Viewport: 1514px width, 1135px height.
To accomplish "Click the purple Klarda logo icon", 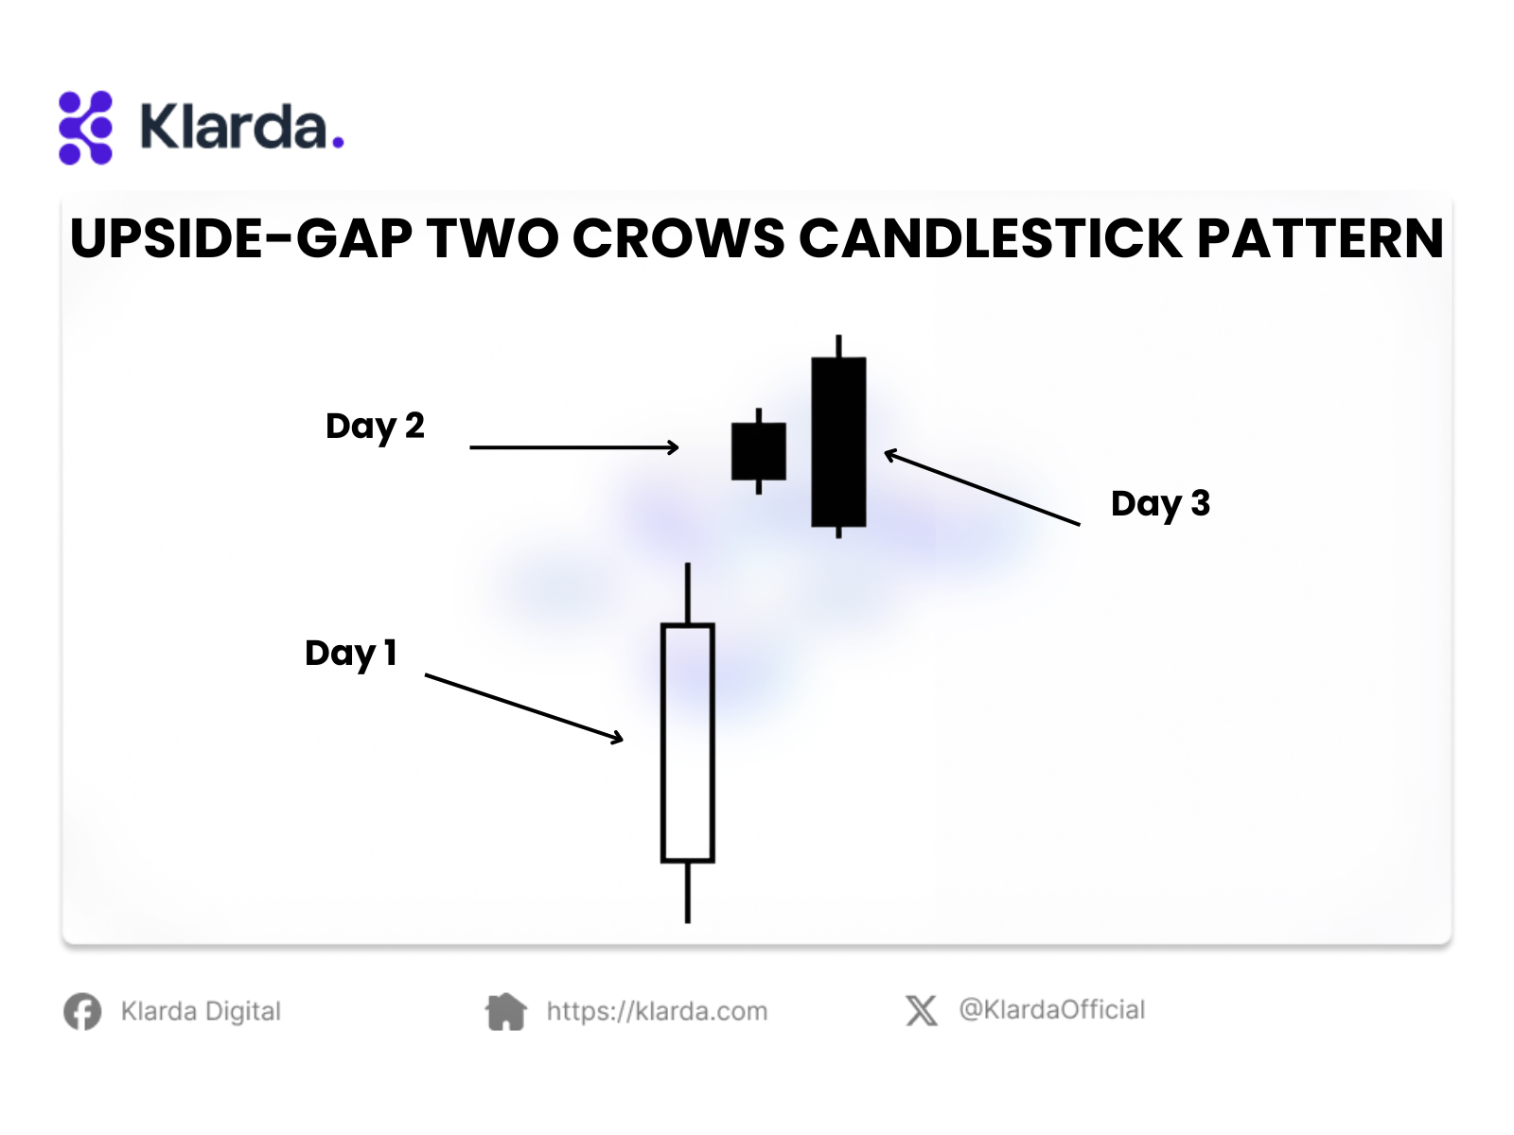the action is (x=85, y=128).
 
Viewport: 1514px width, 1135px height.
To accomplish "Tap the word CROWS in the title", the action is (x=678, y=238).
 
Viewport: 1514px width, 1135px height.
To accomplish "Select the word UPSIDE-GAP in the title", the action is (x=240, y=238).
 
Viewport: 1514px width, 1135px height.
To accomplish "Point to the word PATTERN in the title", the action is (x=1319, y=238).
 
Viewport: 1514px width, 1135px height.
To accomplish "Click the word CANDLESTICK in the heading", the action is (x=990, y=238).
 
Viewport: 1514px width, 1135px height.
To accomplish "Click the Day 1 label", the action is (x=350, y=654).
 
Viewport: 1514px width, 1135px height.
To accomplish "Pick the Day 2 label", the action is (x=375, y=427).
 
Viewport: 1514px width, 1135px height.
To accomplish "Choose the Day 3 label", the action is (x=1160, y=504).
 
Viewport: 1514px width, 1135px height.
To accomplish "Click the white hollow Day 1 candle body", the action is (x=688, y=742).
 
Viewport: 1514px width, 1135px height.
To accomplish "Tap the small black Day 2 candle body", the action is (x=759, y=451).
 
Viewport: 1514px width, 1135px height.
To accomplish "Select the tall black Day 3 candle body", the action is (x=838, y=442).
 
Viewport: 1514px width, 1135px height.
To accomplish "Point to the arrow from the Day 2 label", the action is (x=573, y=447).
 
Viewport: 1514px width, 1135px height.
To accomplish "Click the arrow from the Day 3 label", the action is (x=982, y=487).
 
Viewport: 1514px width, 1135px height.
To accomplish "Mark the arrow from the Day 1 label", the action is (x=524, y=708).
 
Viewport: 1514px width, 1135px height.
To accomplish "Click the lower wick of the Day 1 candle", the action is (x=688, y=893).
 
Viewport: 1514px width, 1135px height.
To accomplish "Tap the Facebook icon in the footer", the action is (x=82, y=1012).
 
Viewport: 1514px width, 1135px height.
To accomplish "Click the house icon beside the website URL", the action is (x=505, y=1012).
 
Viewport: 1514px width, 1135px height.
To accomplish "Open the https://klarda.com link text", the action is (x=657, y=1012).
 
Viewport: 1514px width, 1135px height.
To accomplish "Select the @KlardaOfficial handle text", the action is (x=1052, y=1010).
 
